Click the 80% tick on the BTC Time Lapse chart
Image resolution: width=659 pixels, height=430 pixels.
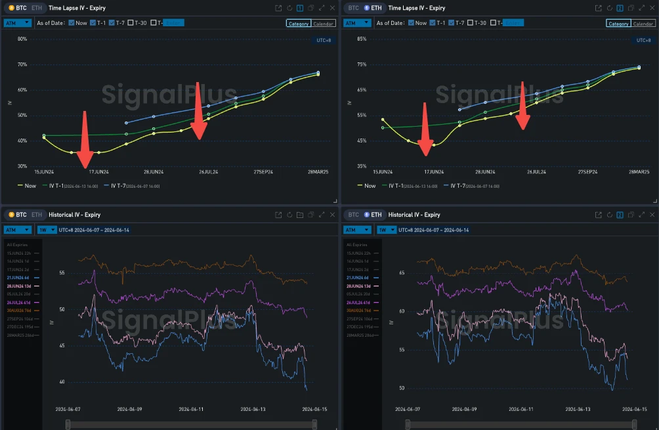[22, 39]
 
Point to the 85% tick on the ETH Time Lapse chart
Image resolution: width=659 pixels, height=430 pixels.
[362, 39]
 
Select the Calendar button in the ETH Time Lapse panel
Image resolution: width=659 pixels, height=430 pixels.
[643, 24]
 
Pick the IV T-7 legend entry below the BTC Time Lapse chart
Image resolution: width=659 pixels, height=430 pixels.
[123, 186]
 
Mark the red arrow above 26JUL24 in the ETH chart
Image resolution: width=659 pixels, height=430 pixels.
[523, 105]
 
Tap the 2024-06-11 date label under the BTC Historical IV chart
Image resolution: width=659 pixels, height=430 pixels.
[192, 409]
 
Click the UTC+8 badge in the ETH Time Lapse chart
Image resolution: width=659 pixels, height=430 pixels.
[643, 40]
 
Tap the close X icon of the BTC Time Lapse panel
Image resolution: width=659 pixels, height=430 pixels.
[332, 8]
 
